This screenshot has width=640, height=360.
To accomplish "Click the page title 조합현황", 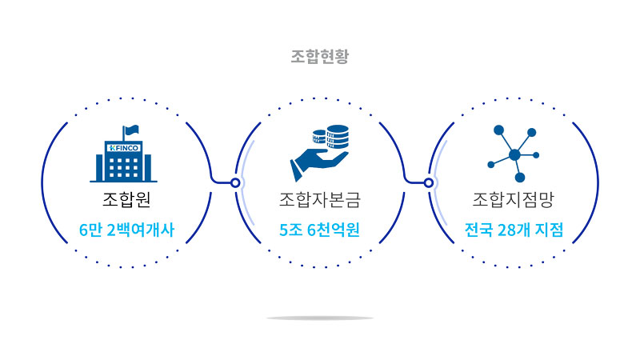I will [x=320, y=57].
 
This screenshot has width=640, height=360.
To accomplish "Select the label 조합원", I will [x=126, y=198].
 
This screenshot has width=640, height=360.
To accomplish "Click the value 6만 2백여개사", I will [x=126, y=230].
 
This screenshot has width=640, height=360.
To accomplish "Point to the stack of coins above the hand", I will [x=333, y=138].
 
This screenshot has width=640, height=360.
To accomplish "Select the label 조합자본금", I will [x=320, y=198].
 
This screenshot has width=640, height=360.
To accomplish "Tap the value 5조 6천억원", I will [x=320, y=230].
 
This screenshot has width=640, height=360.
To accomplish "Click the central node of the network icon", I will [x=514, y=154].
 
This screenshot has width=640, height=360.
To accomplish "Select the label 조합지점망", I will [x=514, y=198].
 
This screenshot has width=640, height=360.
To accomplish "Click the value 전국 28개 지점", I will [x=514, y=230].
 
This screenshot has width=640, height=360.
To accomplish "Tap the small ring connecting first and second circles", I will [x=235, y=182].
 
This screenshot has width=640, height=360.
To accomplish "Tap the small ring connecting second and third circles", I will [x=429, y=182].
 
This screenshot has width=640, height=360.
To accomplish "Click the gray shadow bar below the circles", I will [x=320, y=318].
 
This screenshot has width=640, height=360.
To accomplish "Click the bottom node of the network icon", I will [x=519, y=177].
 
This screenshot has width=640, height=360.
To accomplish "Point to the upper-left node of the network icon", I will [x=498, y=130].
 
